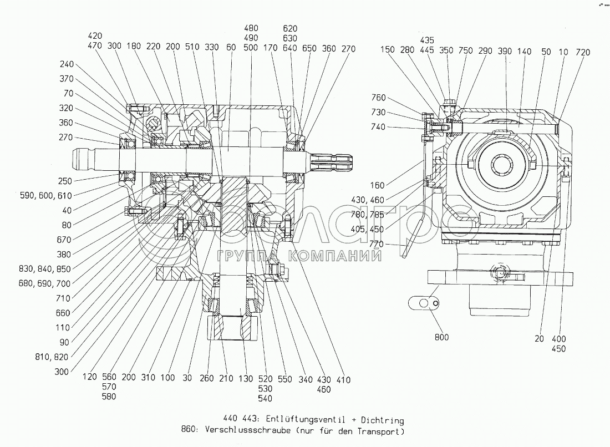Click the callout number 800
point(441,337)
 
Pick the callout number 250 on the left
point(64,181)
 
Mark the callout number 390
point(505,52)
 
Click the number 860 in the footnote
point(190,431)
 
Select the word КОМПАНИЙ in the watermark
point(328,256)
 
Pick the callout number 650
point(309,48)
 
